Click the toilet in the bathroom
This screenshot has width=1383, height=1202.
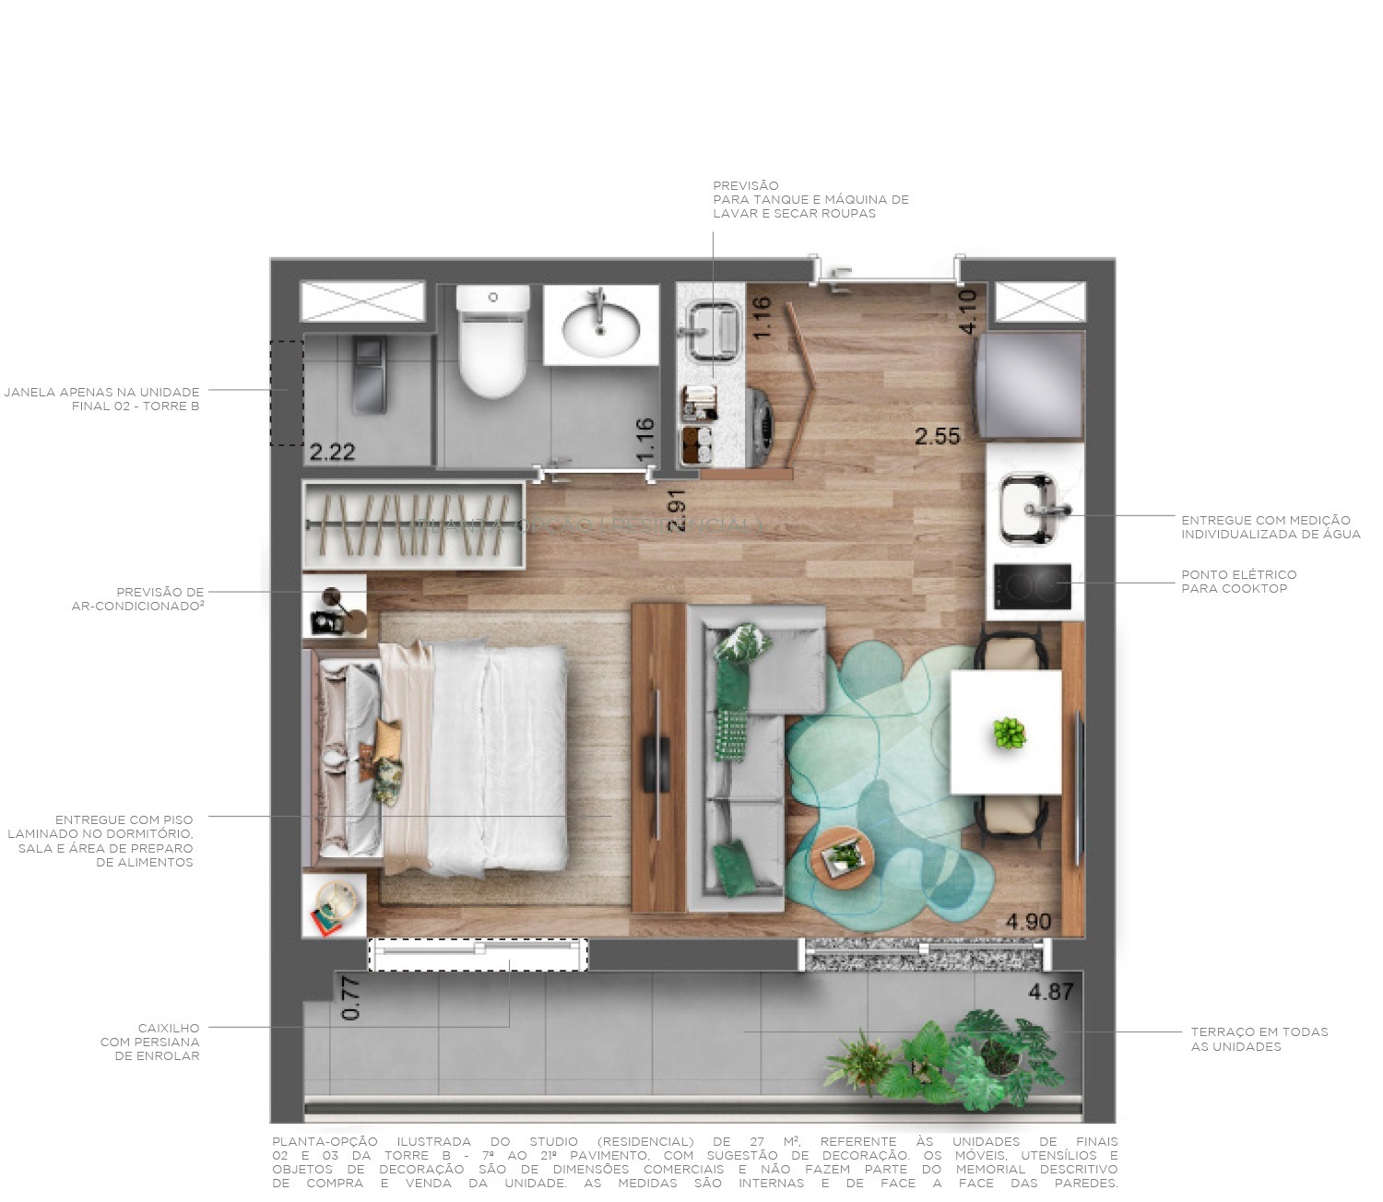click(494, 346)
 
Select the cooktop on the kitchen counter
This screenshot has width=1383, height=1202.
click(1033, 586)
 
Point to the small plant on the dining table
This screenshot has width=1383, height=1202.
click(1010, 734)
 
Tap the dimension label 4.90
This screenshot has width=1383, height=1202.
click(1028, 921)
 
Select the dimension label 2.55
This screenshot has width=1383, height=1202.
click(937, 436)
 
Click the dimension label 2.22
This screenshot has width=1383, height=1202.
click(332, 452)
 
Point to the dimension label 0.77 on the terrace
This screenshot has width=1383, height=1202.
click(351, 998)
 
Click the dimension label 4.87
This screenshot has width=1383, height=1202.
click(1051, 992)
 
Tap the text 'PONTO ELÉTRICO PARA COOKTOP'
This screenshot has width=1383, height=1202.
click(1238, 582)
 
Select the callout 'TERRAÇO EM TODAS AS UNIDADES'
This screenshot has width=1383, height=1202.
click(1259, 1039)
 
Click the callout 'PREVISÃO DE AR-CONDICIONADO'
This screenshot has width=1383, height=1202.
click(138, 599)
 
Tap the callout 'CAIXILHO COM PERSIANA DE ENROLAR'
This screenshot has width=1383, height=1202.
click(151, 1042)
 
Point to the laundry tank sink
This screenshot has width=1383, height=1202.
click(712, 328)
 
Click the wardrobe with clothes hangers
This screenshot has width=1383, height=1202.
click(411, 524)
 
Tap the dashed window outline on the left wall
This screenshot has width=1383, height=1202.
click(286, 394)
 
